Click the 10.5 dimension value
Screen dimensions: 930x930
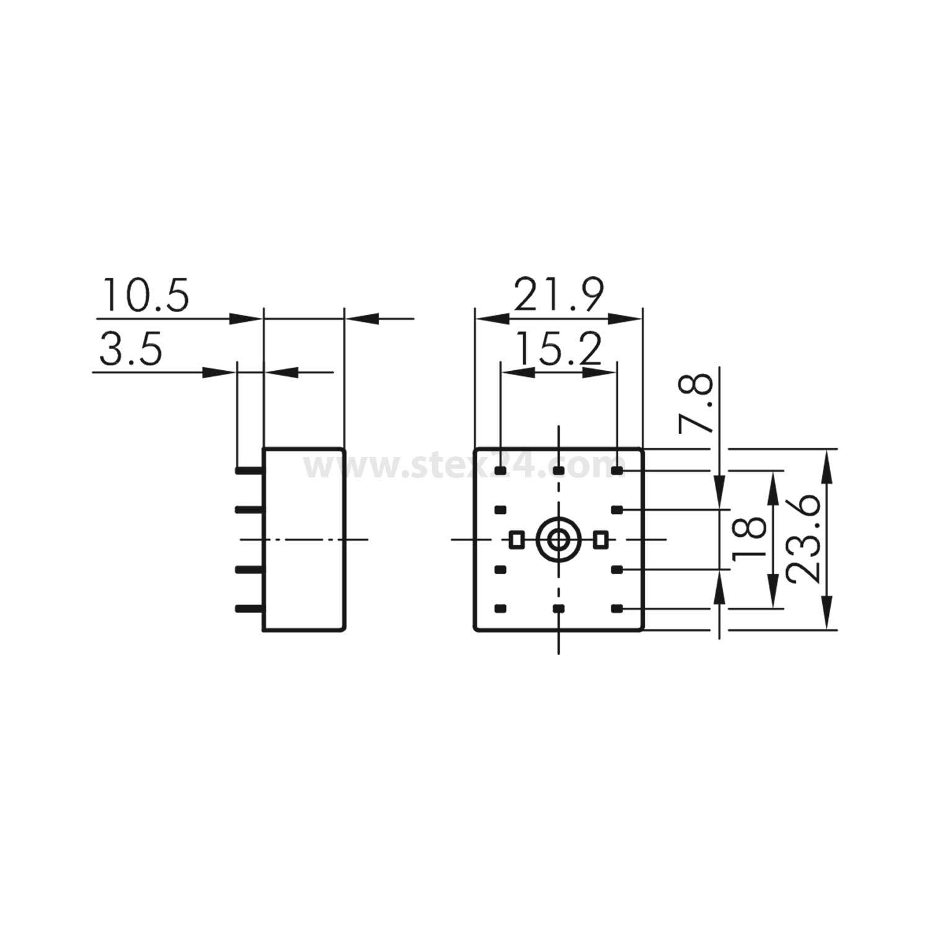point(146,295)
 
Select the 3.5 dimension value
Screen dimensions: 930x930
point(131,349)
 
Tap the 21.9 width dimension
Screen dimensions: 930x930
point(559,295)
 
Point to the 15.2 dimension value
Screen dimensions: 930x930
point(559,349)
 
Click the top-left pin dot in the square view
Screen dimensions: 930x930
point(500,471)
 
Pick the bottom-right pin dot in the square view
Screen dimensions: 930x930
point(617,609)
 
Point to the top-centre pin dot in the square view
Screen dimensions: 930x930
point(559,471)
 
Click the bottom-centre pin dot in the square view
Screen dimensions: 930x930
point(559,609)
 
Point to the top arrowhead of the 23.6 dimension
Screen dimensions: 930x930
point(826,462)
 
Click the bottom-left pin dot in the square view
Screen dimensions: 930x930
point(500,609)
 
